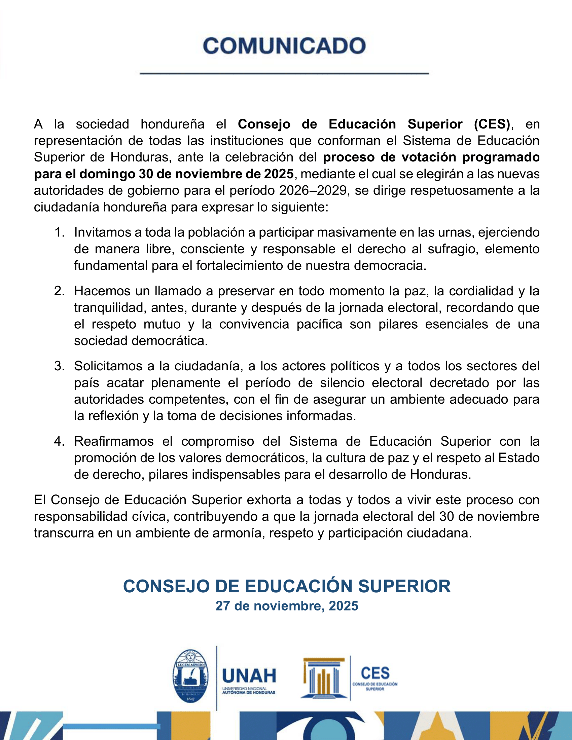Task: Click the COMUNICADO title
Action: pyautogui.click(x=284, y=46)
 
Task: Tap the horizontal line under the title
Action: pyautogui.click(x=284, y=73)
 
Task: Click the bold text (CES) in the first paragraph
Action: pyautogui.click(x=492, y=124)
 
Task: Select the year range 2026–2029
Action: pyautogui.click(x=314, y=191)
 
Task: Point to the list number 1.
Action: pyautogui.click(x=59, y=233)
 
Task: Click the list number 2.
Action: pyautogui.click(x=59, y=291)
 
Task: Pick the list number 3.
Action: pyautogui.click(x=59, y=366)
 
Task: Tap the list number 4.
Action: pyautogui.click(x=59, y=442)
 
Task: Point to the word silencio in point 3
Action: pyautogui.click(x=342, y=383)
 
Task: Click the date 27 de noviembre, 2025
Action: pyautogui.click(x=287, y=606)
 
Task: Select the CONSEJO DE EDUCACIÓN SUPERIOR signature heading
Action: pyautogui.click(x=287, y=586)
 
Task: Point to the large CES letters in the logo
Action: pyautogui.click(x=375, y=673)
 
